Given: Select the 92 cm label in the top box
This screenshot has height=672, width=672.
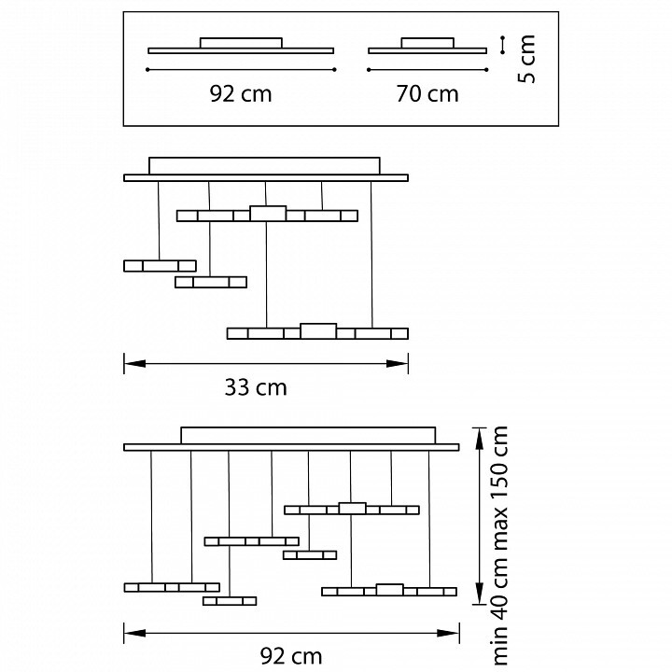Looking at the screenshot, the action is pos(242,93).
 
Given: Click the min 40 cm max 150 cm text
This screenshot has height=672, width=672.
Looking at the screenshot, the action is pos(501,546).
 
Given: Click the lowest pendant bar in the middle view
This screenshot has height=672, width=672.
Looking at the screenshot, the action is pos(318,332).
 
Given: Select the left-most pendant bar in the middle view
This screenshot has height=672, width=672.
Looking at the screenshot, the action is pos(160,265).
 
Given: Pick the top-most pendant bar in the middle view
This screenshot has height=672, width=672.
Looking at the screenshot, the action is pos(267,215).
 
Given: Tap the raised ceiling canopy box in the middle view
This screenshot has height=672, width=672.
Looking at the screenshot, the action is pos(265,165).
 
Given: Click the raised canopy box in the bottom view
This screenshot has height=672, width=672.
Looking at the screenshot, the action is pos(308,436).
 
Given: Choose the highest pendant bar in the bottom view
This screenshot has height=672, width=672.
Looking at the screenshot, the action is pos(352,509).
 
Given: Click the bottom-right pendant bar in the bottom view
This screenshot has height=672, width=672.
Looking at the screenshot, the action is pos(389,590).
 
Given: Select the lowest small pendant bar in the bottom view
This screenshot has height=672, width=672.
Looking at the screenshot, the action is pos(230,600).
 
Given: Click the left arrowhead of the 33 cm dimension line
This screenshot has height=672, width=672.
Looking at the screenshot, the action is pos(128,364).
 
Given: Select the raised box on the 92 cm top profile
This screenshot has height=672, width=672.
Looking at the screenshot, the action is pos(241,42).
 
